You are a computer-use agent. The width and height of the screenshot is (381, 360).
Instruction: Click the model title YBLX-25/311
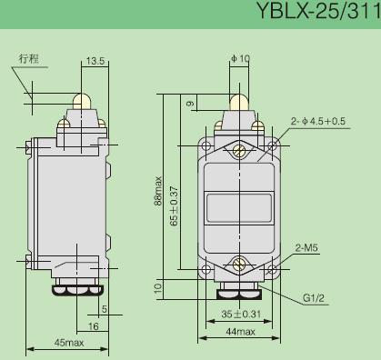[x=318, y=11]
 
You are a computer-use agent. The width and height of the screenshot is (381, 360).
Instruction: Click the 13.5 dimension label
[x=95, y=61]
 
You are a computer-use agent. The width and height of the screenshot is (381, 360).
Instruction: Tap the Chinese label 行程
[x=29, y=58]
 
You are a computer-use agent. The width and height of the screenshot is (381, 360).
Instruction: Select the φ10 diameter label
[x=240, y=58]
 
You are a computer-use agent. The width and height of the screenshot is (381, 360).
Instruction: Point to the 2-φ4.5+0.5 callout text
[x=318, y=121]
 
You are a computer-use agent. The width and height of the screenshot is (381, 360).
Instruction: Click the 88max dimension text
[x=158, y=191]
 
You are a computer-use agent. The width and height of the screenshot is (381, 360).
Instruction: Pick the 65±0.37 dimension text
[x=175, y=206]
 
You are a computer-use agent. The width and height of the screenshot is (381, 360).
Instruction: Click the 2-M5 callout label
[x=306, y=248]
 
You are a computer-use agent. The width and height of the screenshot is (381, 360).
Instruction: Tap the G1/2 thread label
[x=314, y=298]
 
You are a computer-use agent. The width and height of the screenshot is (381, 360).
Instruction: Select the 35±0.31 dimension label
[x=241, y=314]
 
